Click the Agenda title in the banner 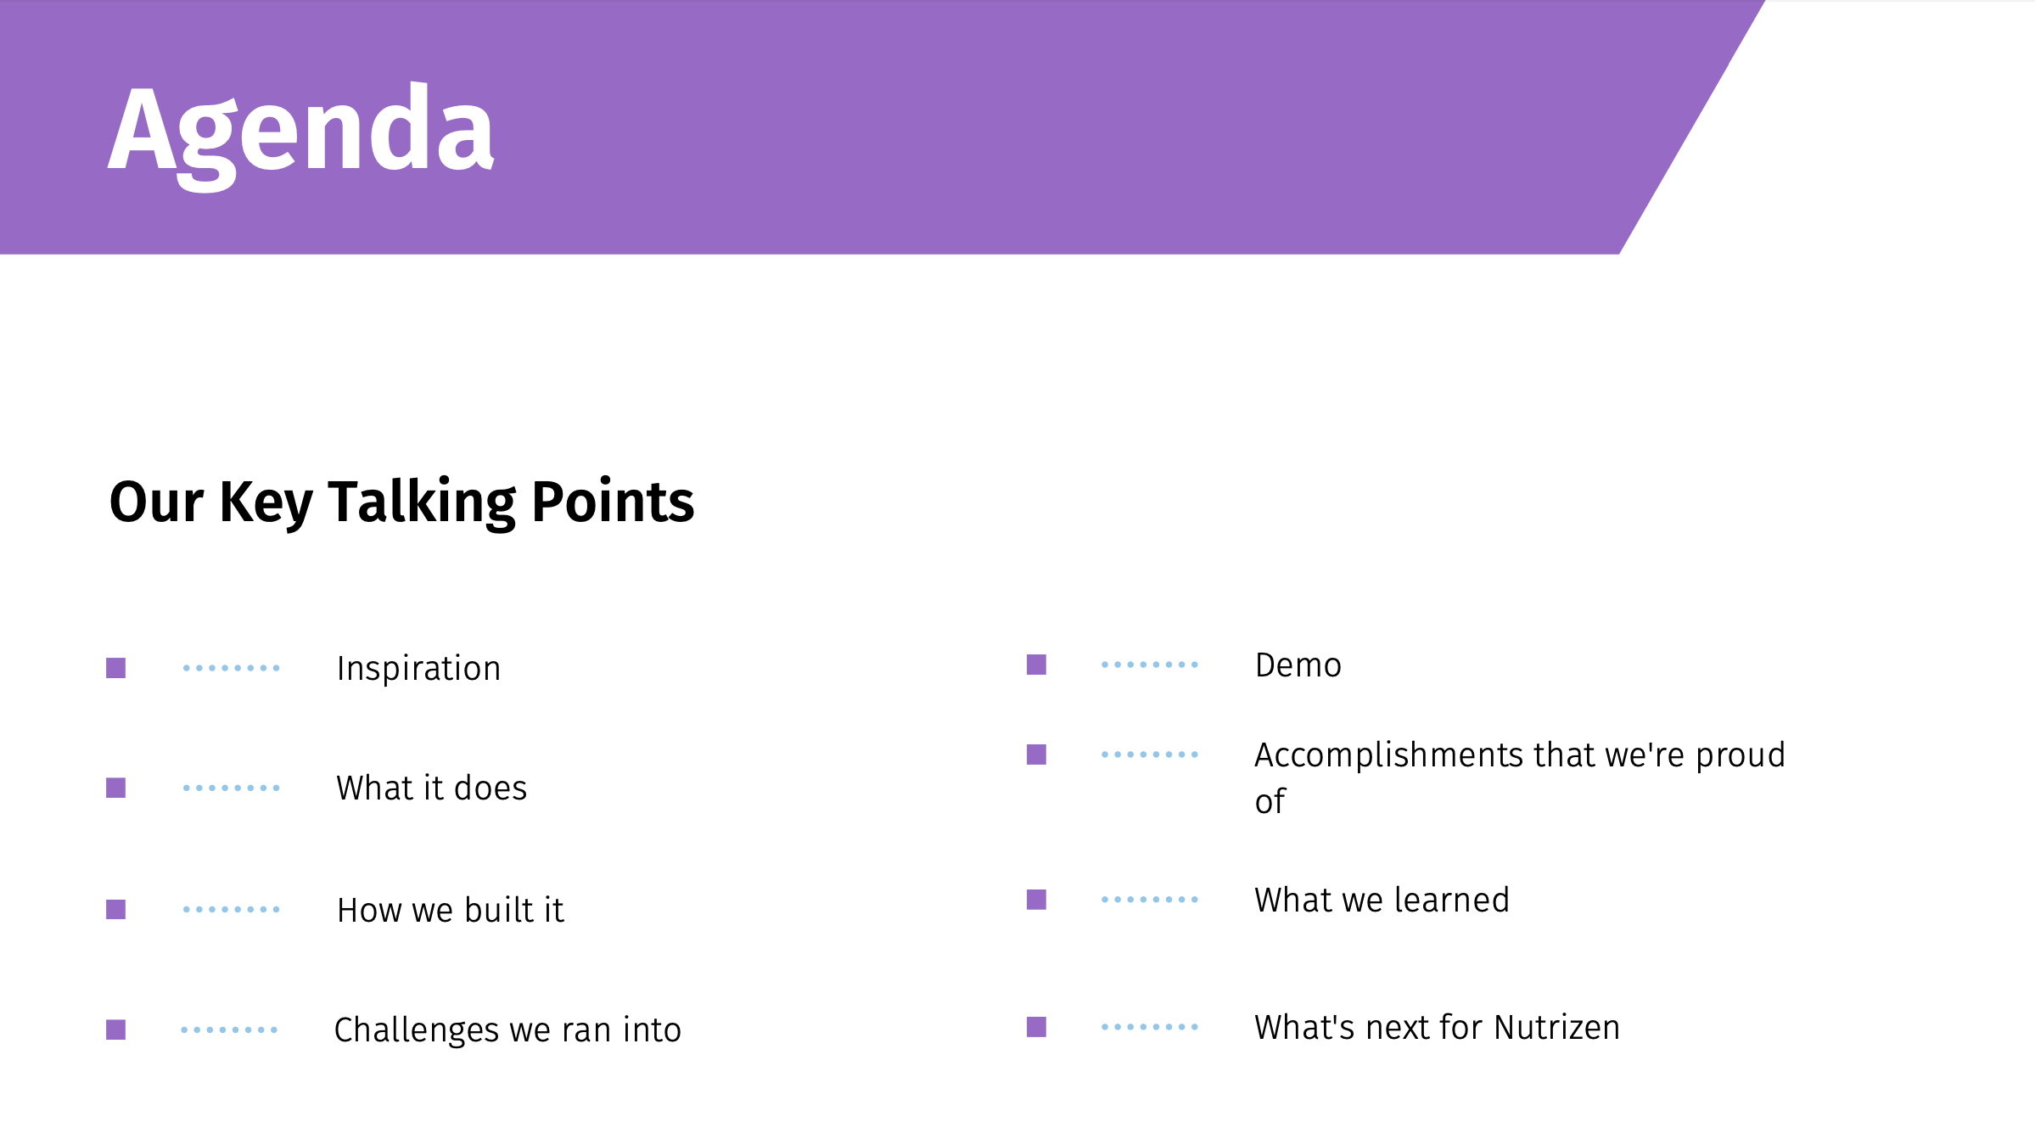pyautogui.click(x=301, y=136)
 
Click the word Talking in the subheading pyautogui.click(x=422, y=502)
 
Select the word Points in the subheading pyautogui.click(x=613, y=501)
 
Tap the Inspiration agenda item pyautogui.click(x=418, y=669)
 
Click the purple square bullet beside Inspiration pyautogui.click(x=115, y=668)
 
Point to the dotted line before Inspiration pyautogui.click(x=231, y=668)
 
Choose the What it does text pyautogui.click(x=431, y=788)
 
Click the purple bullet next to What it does pyautogui.click(x=115, y=788)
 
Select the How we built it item pyautogui.click(x=450, y=910)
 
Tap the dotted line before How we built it pyautogui.click(x=231, y=909)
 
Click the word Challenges pyautogui.click(x=417, y=1030)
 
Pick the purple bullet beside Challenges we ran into pyautogui.click(x=115, y=1030)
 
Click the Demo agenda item pyautogui.click(x=1298, y=665)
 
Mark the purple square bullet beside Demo pyautogui.click(x=1036, y=665)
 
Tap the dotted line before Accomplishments pyautogui.click(x=1150, y=754)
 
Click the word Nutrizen pyautogui.click(x=1557, y=1027)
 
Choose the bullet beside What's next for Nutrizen pyautogui.click(x=1036, y=1027)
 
